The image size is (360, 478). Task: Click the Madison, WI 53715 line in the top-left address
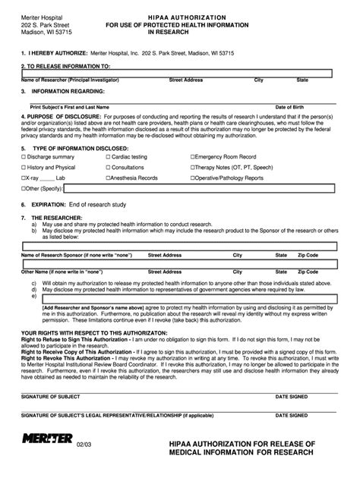[46, 33]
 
